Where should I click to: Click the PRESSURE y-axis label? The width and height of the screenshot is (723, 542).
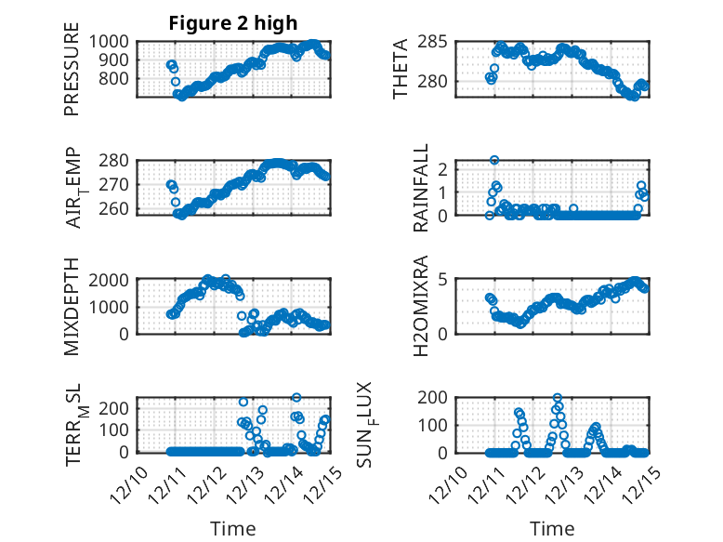tap(72, 75)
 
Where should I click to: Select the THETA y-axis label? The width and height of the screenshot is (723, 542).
tap(401, 70)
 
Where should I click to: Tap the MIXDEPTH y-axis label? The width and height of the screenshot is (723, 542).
tap(72, 306)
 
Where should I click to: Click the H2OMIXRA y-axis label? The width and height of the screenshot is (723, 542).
tap(420, 306)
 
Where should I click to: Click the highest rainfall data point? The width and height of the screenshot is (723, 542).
tap(494, 160)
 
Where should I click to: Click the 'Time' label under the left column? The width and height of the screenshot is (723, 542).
tap(232, 528)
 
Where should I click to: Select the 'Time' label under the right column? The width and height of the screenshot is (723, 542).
tap(552, 528)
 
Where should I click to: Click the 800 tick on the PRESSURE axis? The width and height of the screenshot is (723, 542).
tap(120, 79)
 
